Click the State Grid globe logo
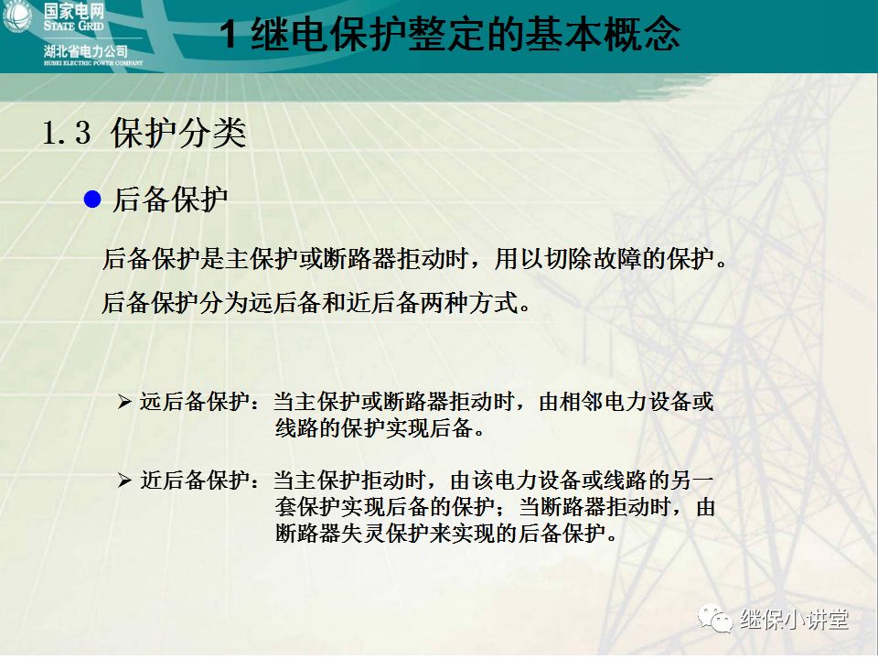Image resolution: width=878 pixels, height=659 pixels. pos(17,17)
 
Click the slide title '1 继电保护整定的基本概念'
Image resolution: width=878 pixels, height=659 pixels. pos(452,36)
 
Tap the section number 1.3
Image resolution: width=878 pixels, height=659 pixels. pos(67,134)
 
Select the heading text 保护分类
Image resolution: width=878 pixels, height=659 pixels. pos(178,134)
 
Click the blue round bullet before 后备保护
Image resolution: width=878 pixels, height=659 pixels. pos(91,200)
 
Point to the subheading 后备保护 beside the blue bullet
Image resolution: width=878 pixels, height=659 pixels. pos(170,200)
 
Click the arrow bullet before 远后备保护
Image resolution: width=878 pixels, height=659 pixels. pos(124,402)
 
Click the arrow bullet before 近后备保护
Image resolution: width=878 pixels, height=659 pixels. pos(124,481)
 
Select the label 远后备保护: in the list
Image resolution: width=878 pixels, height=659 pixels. pos(200,402)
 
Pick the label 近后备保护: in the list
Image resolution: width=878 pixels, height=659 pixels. pos(200,481)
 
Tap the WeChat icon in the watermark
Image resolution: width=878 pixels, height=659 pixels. pos(716,620)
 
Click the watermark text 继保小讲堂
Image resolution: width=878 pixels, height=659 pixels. pos(794,620)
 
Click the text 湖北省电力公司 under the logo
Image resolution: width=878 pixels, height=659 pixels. pos(85,50)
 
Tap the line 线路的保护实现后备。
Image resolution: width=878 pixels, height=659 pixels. pos(379,428)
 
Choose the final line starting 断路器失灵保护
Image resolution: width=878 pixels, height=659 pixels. pos(447,533)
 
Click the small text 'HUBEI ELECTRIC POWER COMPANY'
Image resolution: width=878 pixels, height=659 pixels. pos(92,63)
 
